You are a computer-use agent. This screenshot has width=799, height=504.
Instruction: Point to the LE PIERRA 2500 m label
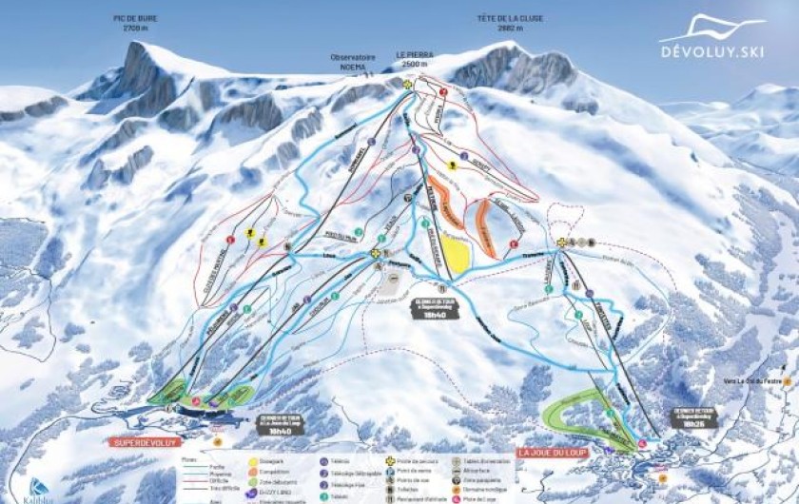[x=412, y=60]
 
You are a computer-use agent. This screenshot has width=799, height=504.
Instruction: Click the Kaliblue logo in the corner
[x=39, y=489]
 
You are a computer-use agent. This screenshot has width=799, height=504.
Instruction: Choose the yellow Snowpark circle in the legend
[x=251, y=460]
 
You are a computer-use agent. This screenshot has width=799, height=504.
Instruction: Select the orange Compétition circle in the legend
[x=251, y=472]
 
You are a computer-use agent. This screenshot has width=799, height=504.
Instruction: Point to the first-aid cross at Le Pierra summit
[x=407, y=85]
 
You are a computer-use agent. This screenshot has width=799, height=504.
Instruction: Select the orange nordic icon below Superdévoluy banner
[x=217, y=440]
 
